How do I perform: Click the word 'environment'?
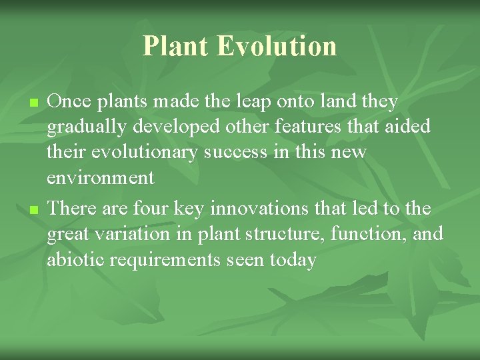click(100, 178)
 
